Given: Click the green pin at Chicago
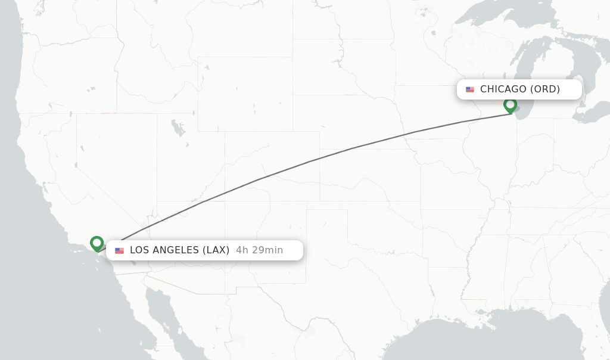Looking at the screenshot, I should pos(510,105).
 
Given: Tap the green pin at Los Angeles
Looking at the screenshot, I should pos(97,243).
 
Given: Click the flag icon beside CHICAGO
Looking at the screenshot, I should pos(470,89).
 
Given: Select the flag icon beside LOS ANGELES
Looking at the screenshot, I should pos(119,250).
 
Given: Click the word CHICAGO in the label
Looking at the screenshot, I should pos(503,89).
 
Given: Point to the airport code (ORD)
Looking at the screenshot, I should pos(545,89).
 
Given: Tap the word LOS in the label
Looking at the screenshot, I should pos(139,250).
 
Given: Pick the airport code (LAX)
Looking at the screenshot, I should pos(216,250).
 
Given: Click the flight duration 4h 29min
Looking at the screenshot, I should pos(259,250).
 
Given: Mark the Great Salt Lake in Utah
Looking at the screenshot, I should pos(177,127).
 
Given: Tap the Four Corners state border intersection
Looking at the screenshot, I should pos(225,201).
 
